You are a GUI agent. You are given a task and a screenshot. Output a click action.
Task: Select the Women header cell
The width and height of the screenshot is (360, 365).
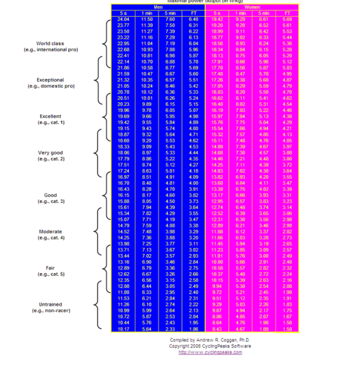(x=252, y=7)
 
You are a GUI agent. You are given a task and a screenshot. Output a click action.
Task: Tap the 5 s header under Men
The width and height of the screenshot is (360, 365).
(x=123, y=13)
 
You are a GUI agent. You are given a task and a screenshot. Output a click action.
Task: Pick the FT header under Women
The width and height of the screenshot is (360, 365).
(x=287, y=13)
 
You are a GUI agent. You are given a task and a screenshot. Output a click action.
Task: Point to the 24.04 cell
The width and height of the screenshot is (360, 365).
(x=123, y=20)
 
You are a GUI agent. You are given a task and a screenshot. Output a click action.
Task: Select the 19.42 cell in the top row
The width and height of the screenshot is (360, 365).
(x=217, y=20)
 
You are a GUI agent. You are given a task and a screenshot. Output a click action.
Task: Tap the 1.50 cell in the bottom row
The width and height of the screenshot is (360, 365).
(x=287, y=330)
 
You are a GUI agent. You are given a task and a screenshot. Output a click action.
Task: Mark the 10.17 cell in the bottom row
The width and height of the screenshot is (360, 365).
(x=123, y=330)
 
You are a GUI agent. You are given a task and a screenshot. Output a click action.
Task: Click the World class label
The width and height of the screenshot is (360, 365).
(x=52, y=44)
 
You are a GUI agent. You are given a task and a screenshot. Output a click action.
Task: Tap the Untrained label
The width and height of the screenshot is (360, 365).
(x=52, y=304)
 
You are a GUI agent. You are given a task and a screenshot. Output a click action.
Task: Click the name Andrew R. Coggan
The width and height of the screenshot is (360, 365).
(x=213, y=340)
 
